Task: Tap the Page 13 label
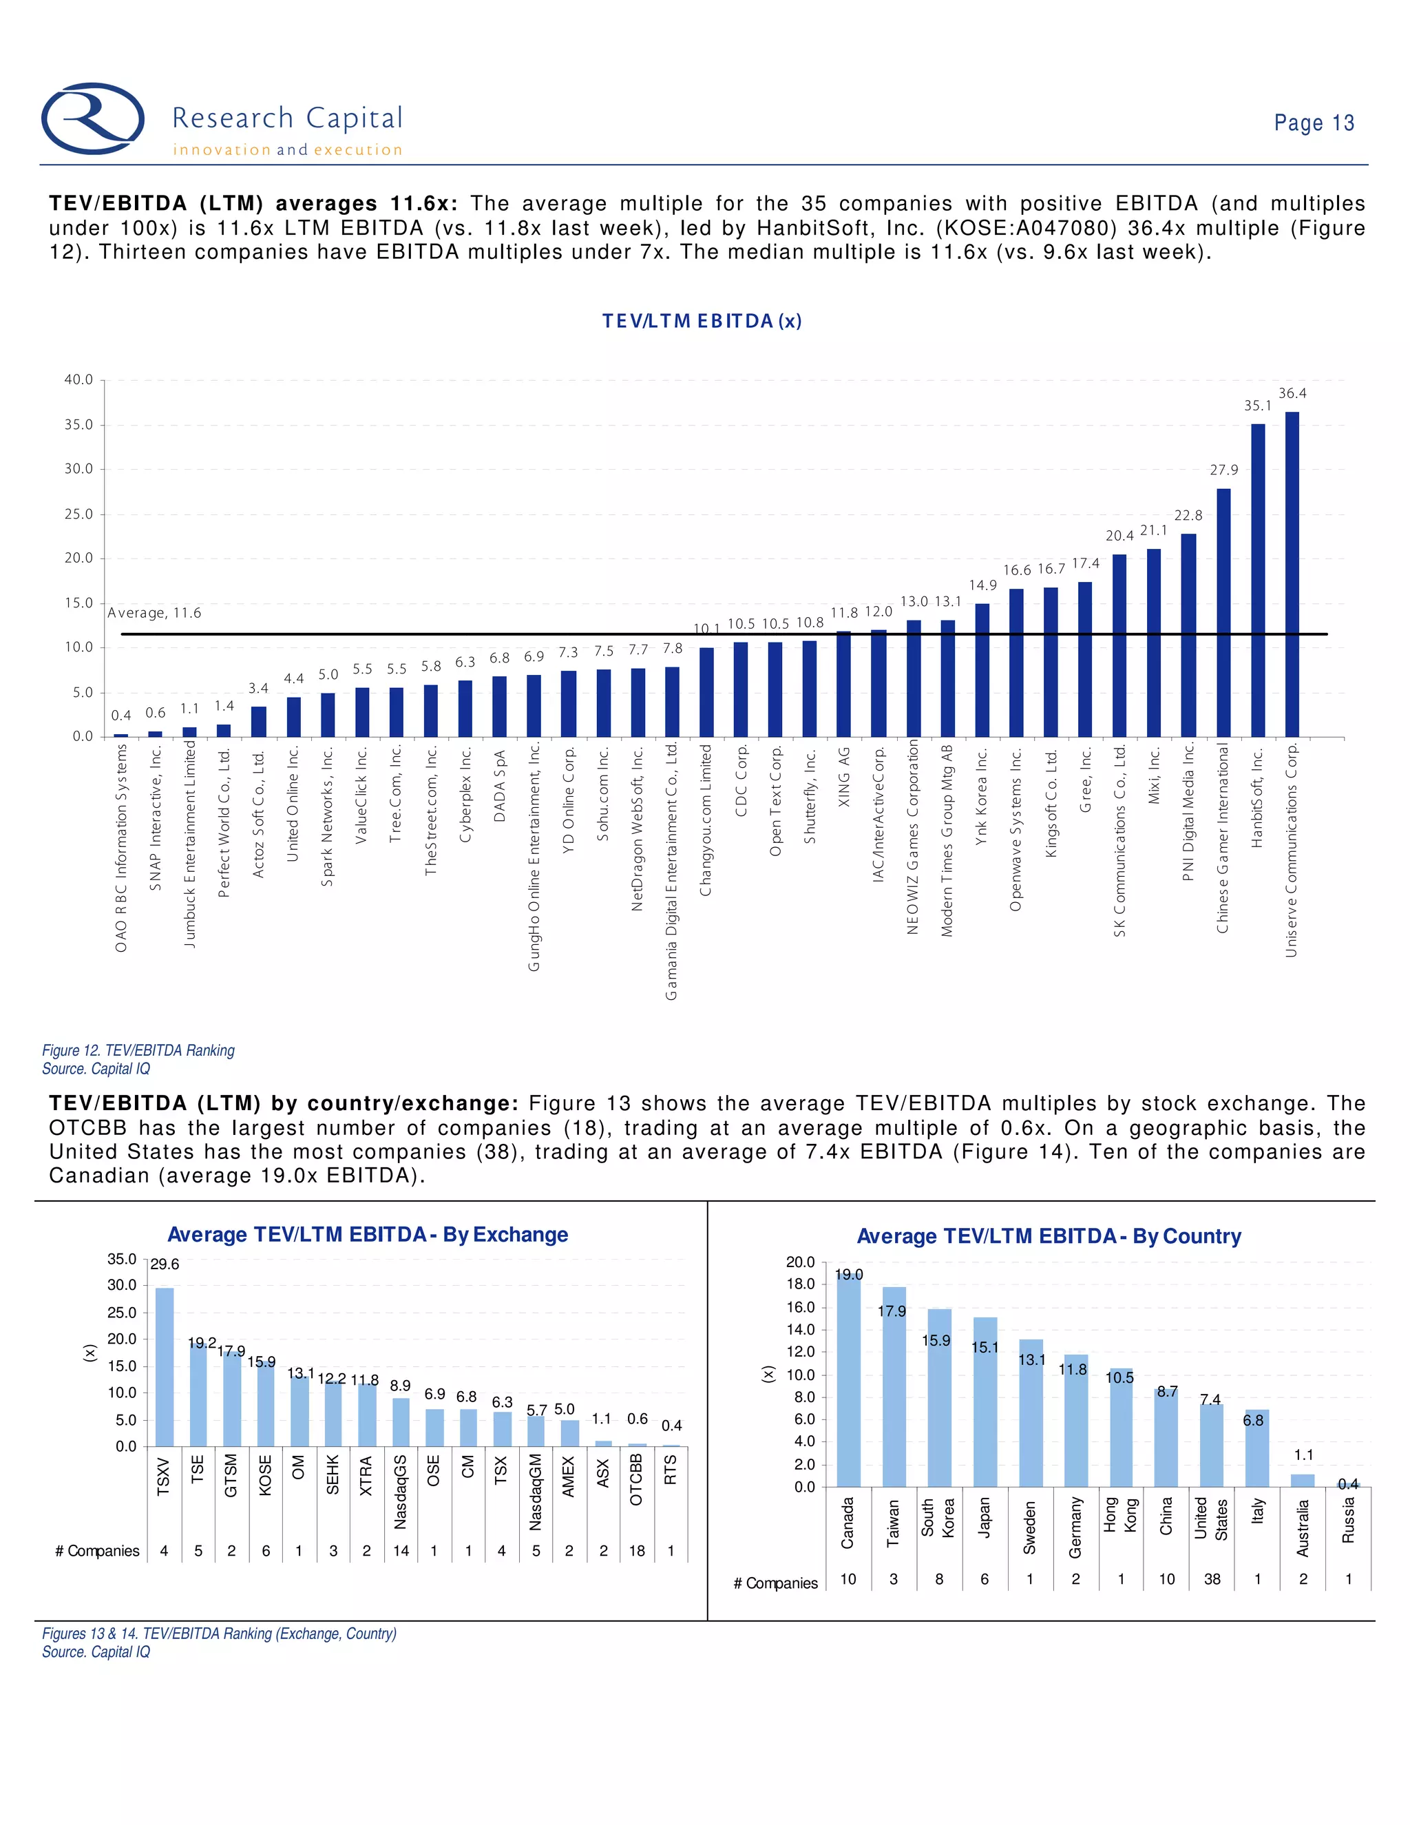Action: point(1313,123)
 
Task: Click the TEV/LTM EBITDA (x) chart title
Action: point(702,321)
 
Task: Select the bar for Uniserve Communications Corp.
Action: point(1292,574)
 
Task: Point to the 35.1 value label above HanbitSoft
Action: point(1257,405)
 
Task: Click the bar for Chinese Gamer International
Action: point(1223,612)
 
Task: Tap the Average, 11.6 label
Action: point(154,612)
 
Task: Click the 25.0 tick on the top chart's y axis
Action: point(78,514)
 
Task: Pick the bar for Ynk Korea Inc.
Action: point(982,670)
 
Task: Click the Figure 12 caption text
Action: point(138,1050)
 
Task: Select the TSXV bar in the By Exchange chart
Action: point(165,1366)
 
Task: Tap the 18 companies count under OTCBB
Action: point(637,1551)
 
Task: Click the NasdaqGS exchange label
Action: point(400,1492)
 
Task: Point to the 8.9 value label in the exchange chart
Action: point(400,1386)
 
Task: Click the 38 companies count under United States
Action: point(1212,1579)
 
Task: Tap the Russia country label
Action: point(1347,1520)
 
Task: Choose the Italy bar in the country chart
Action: point(1257,1448)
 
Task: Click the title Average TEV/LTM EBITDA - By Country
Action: point(1049,1236)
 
